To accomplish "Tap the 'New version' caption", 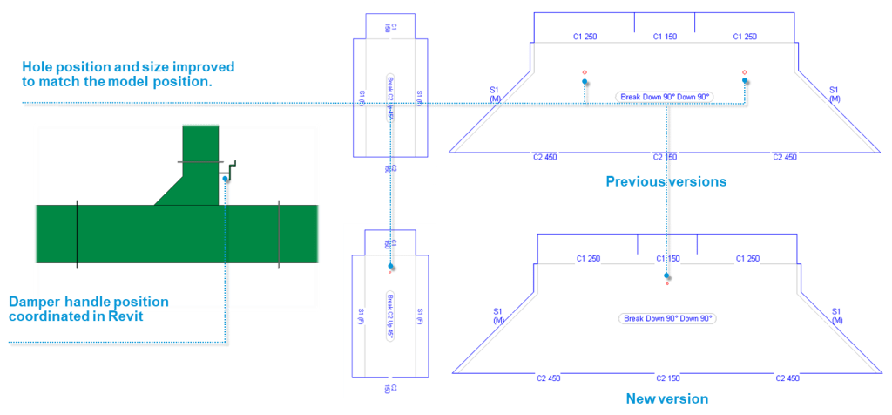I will pyautogui.click(x=666, y=398).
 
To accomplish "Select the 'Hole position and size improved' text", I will pyautogui.click(x=128, y=67).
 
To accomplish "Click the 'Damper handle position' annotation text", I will pyautogui.click(x=88, y=302).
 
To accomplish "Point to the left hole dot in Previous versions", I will pyautogui.click(x=585, y=81).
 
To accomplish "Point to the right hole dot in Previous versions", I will pyautogui.click(x=746, y=81).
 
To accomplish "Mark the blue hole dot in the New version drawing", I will pyautogui.click(x=666, y=275).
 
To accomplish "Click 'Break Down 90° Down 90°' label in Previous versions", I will pyautogui.click(x=665, y=96).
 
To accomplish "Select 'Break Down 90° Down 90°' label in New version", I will pyautogui.click(x=666, y=318).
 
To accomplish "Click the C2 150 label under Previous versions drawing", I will pyautogui.click(x=665, y=157).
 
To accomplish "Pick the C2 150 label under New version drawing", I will pyautogui.click(x=666, y=378).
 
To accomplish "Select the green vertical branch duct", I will pyautogui.click(x=200, y=148).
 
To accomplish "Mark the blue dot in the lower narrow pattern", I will pyautogui.click(x=391, y=266).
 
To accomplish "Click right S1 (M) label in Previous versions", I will pyautogui.click(x=834, y=94).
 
